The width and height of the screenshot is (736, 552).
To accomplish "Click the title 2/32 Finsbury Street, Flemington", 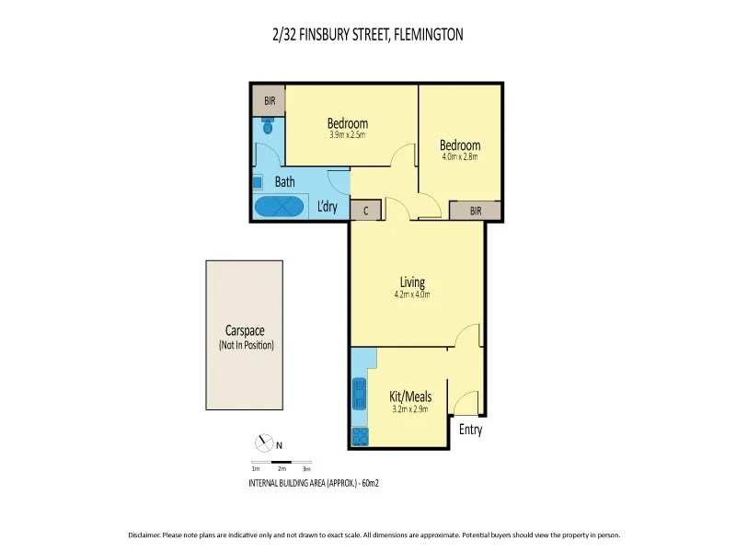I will coord(368,35).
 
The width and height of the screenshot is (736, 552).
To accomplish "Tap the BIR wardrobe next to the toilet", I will coord(270,100).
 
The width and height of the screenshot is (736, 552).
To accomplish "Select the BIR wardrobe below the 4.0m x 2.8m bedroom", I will coord(475,211).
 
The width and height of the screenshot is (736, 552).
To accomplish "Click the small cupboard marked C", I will coord(366,211).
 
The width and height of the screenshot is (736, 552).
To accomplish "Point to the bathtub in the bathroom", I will coord(280,207).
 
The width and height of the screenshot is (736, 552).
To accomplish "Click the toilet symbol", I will coord(268,127).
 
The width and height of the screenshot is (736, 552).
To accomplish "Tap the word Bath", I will coord(285,182).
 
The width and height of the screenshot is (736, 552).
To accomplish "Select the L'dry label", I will coord(328,207).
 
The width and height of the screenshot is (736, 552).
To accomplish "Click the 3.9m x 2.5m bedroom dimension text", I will coord(348,135).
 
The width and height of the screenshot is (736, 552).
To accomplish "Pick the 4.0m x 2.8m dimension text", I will coord(459,156).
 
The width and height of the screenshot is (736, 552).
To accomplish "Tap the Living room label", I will coord(412,282).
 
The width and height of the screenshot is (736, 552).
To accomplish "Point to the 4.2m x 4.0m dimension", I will coord(412,294).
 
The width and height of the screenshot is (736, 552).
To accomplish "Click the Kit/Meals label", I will coord(410,397).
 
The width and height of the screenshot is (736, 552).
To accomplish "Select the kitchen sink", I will coord(358,395).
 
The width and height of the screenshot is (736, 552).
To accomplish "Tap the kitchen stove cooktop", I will coord(359,436).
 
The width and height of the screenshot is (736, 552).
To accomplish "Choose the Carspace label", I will coord(246,331).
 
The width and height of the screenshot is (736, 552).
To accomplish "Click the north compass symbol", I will coord(264,445).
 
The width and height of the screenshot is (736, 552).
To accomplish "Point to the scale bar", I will coord(282,462).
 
